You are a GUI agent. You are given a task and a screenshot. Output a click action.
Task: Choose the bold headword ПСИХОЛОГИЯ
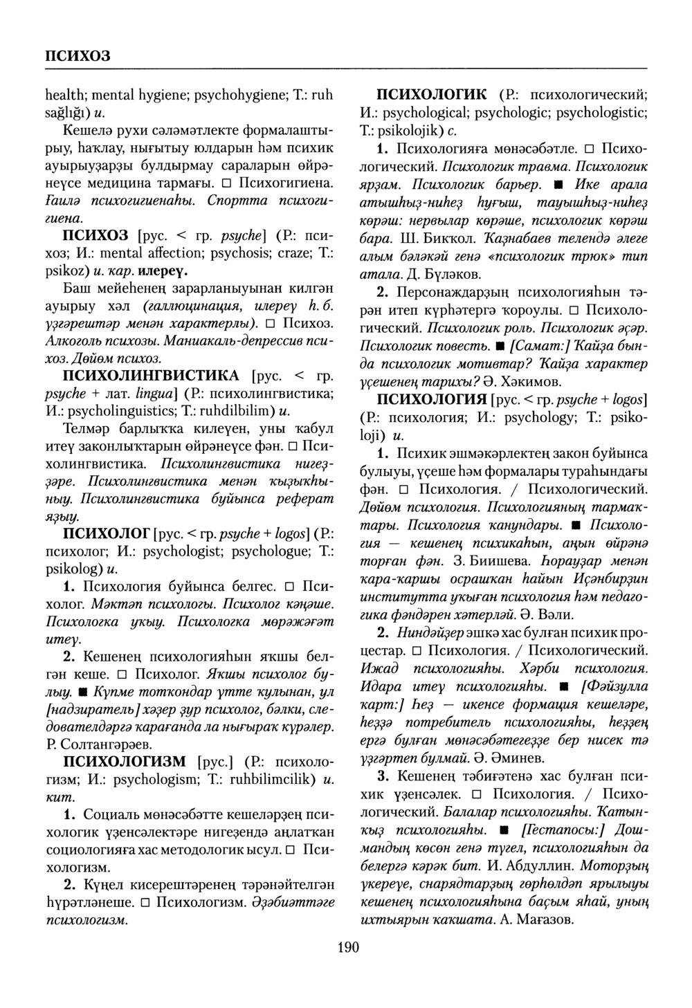(x=431, y=400)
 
